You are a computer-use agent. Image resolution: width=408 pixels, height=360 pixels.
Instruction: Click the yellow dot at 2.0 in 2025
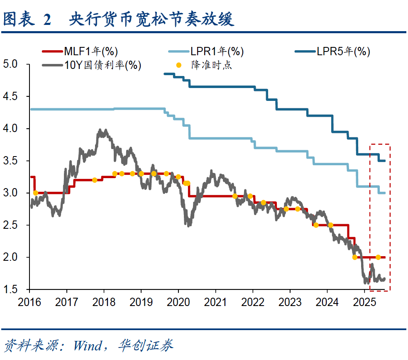(x=378, y=257)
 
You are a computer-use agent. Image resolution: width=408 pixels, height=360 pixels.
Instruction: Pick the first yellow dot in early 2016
(x=35, y=193)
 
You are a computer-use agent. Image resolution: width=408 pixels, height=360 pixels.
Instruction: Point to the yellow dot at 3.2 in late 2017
(x=95, y=180)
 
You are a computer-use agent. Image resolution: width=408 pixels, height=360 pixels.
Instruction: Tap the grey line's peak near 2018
(x=100, y=130)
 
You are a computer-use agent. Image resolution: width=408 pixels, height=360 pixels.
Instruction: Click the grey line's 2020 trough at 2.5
(x=189, y=225)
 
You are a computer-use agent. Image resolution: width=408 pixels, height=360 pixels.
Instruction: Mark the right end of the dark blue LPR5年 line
(x=385, y=161)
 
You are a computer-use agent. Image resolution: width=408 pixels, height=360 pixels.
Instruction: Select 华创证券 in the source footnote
(x=145, y=345)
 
